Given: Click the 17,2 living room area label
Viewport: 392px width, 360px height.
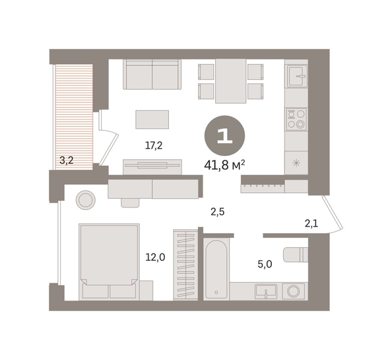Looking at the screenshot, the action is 154,145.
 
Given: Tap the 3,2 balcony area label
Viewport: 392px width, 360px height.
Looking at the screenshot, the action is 67,160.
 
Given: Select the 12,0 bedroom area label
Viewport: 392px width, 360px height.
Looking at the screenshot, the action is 155,257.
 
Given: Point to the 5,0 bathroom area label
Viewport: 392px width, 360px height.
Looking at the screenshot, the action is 265,264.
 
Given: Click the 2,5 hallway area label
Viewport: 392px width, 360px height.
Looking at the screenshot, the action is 218,212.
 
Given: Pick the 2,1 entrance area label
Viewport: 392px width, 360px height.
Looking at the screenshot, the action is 311,223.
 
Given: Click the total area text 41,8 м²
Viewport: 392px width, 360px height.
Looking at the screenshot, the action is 224,165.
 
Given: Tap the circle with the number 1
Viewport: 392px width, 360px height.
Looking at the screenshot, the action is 225,135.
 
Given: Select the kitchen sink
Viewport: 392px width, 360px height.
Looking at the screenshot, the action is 297,76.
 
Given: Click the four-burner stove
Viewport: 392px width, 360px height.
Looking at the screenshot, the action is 296,119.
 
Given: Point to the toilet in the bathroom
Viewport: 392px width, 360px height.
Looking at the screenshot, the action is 296,255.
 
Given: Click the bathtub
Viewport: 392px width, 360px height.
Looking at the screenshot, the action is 216,269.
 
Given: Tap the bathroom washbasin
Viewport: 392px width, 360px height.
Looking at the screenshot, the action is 266,291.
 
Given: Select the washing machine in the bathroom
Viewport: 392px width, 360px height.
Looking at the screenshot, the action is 294,291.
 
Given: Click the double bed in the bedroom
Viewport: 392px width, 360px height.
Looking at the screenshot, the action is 109,262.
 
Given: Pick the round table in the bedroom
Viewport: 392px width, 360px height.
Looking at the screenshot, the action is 86,200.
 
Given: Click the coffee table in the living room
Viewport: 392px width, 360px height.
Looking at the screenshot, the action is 152,120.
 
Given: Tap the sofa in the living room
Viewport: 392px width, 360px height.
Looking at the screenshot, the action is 152,74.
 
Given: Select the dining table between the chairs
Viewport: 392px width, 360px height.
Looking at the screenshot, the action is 231,81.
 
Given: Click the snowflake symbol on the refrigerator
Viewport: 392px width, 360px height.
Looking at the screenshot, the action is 296,164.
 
